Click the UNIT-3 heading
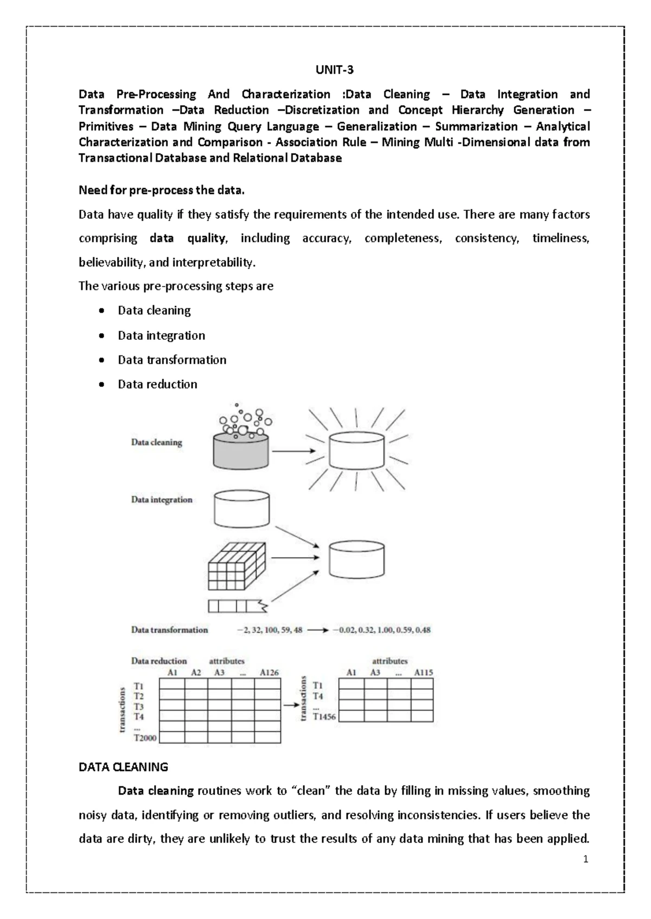coord(335,70)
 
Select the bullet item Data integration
coord(161,335)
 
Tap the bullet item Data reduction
coord(157,384)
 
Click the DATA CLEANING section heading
coord(123,767)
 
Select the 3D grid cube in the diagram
coord(237,566)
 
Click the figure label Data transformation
coord(169,630)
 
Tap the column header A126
coord(269,672)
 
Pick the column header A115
coord(423,672)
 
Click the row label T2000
coord(145,737)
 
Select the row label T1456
coord(324,716)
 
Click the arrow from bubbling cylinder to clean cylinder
coord(293,451)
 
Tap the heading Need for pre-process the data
coord(162,190)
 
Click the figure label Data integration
coord(162,500)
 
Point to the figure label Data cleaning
coord(156,442)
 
